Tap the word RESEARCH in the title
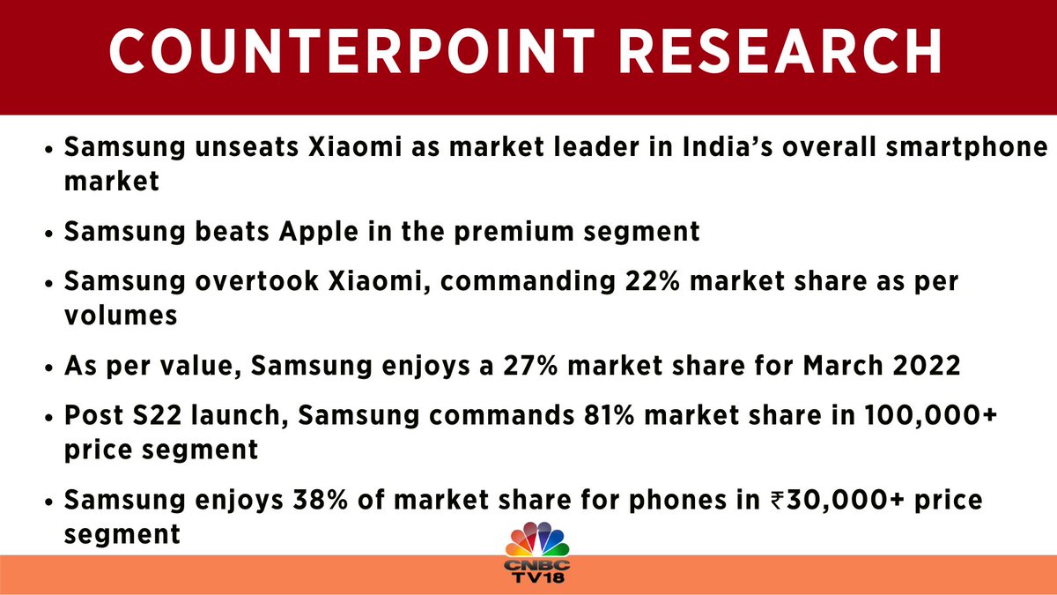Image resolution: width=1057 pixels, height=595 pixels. tap(775, 54)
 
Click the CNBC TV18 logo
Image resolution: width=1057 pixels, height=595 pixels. tap(537, 554)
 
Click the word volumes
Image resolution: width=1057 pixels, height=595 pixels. tap(122, 315)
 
